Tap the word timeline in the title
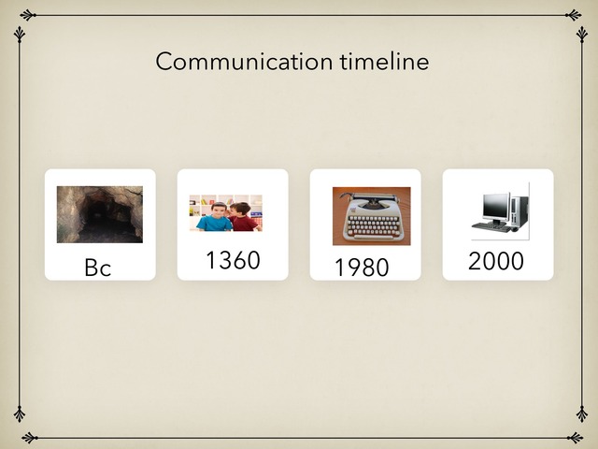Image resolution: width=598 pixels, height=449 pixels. click(x=383, y=62)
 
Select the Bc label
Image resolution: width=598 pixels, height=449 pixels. click(x=97, y=268)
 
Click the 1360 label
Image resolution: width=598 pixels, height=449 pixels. click(x=233, y=261)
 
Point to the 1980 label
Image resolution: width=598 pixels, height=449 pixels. click(x=362, y=268)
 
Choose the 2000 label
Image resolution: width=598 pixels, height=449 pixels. click(x=496, y=261)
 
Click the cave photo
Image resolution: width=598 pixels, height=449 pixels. click(x=100, y=214)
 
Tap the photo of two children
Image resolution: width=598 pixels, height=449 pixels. click(x=225, y=213)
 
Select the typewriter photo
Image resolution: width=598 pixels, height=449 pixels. click(x=371, y=216)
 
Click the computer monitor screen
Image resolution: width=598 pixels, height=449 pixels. click(x=495, y=205)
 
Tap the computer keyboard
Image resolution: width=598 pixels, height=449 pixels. click(x=491, y=226)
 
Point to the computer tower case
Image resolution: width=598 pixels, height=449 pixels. click(x=519, y=210)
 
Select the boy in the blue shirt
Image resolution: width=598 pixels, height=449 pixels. click(x=214, y=218)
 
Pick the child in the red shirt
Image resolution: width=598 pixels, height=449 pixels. click(x=244, y=218)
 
